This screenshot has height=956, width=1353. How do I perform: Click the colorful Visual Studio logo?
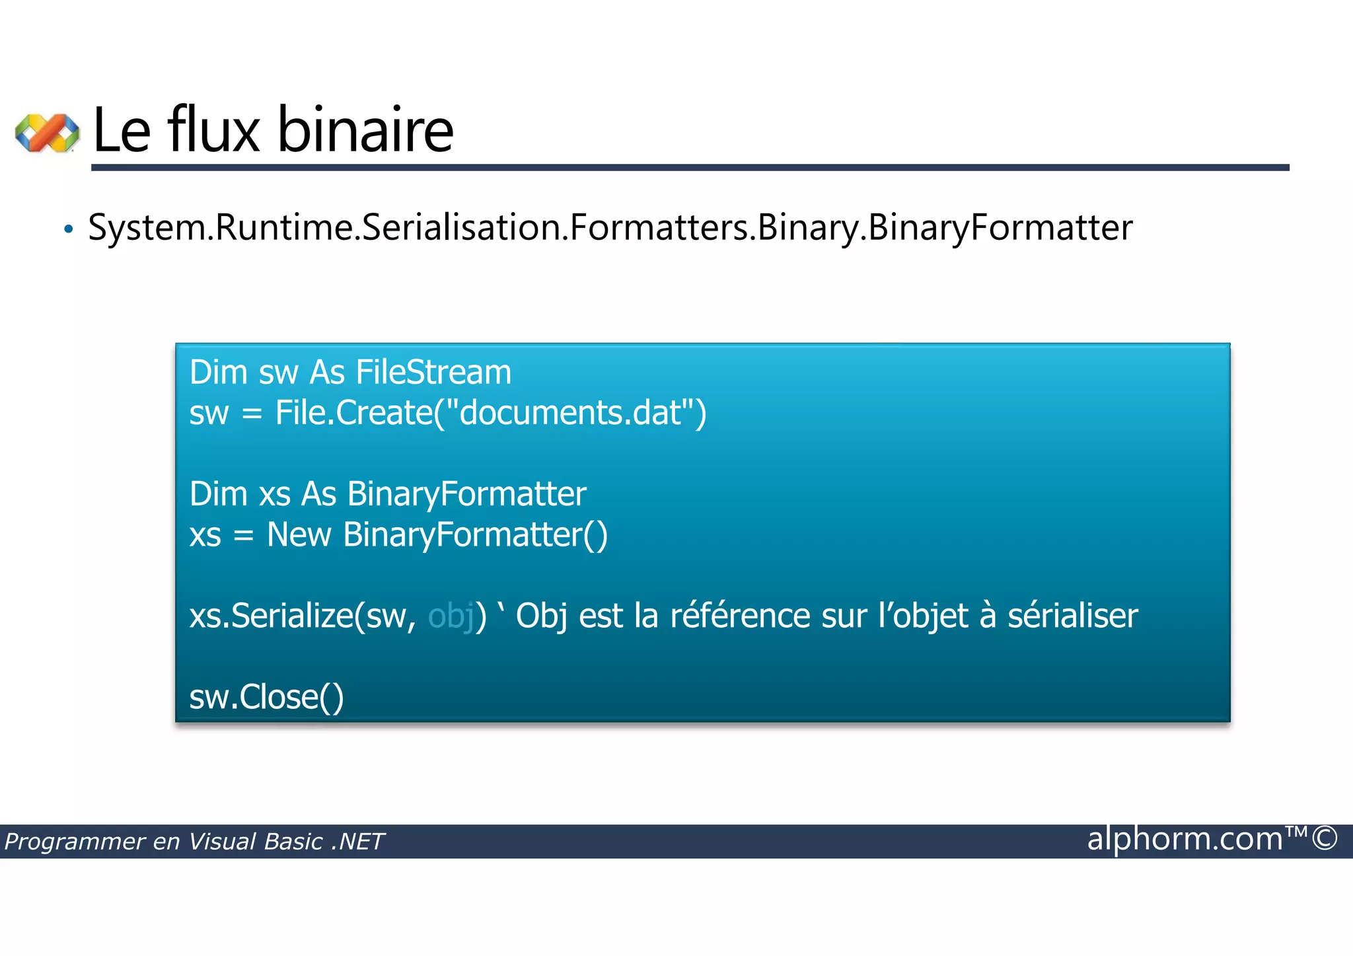pyautogui.click(x=47, y=133)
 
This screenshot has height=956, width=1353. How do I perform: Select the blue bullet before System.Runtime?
pyautogui.click(x=69, y=230)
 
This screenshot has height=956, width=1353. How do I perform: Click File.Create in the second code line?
pyautogui.click(x=353, y=413)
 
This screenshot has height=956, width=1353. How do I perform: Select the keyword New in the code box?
pyautogui.click(x=299, y=534)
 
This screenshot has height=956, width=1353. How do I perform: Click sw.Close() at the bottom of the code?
pyautogui.click(x=266, y=697)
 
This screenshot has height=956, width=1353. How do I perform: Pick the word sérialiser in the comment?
pyautogui.click(x=1072, y=616)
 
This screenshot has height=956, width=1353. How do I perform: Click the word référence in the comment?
pyautogui.click(x=740, y=616)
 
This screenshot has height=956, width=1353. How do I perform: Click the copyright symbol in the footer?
pyautogui.click(x=1325, y=838)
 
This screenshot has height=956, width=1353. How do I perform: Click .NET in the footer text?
pyautogui.click(x=357, y=842)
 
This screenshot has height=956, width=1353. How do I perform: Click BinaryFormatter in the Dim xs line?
pyautogui.click(x=466, y=494)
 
